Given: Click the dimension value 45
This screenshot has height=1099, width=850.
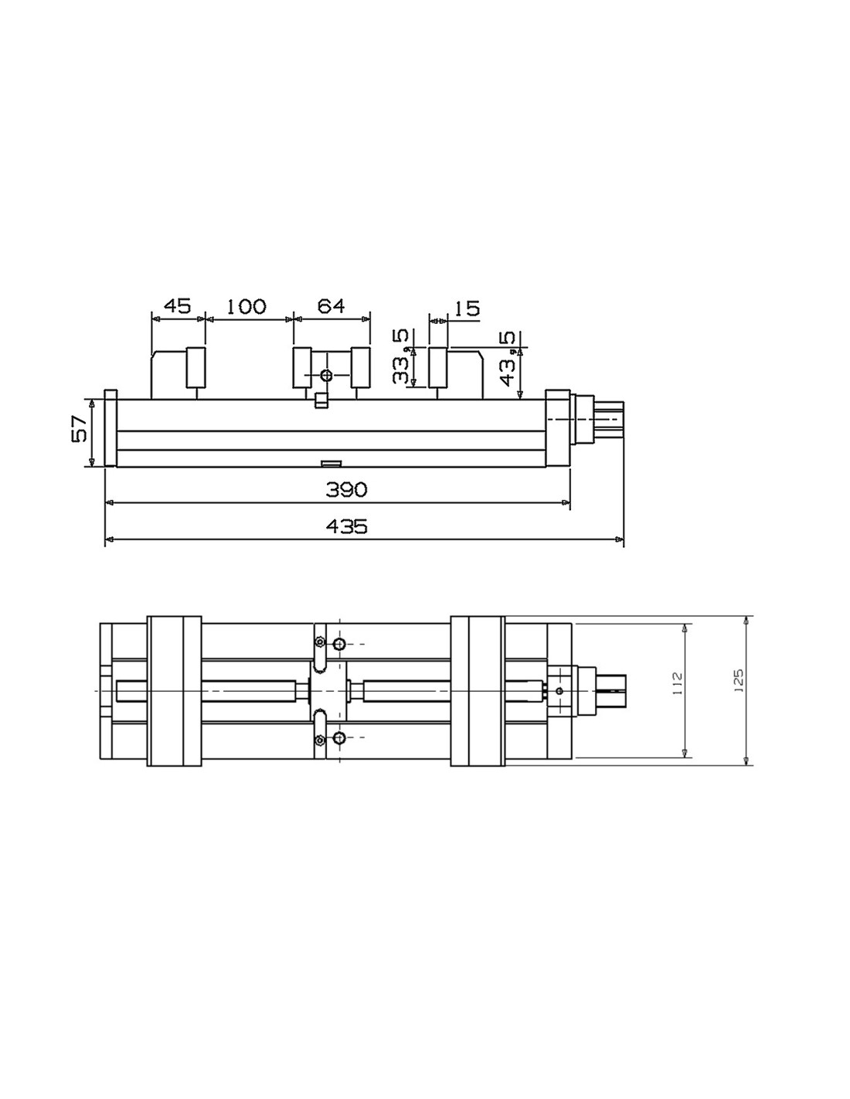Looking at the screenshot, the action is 177,306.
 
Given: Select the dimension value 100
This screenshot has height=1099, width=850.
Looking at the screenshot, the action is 246,306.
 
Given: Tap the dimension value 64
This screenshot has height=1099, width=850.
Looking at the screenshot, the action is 331,306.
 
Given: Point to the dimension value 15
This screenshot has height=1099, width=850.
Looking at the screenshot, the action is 464,308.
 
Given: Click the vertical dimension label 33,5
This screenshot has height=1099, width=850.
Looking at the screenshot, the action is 400,356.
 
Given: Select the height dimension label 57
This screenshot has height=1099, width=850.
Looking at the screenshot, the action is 80,430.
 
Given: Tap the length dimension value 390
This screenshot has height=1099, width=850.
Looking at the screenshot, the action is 347,489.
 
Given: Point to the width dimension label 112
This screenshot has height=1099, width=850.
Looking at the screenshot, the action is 678,684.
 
